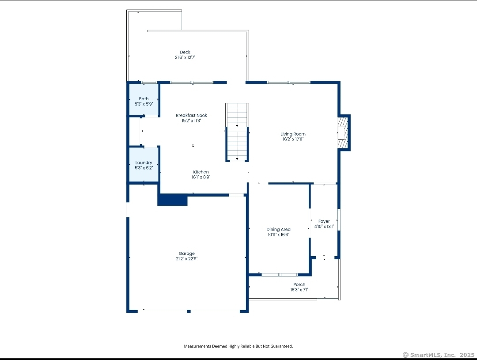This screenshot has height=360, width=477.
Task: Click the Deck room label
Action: (x=185, y=52)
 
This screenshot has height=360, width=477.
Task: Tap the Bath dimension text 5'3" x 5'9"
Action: (x=144, y=104)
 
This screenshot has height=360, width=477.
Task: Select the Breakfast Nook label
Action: (x=191, y=115)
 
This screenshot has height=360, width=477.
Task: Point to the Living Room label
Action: (x=293, y=134)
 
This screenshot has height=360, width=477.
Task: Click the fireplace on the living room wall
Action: (x=344, y=133)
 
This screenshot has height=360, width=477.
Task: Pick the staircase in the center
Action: (x=237, y=133)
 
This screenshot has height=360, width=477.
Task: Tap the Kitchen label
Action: (x=201, y=172)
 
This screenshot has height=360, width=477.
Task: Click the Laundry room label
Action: (x=144, y=163)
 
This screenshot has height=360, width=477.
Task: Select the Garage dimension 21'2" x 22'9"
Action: (x=186, y=259)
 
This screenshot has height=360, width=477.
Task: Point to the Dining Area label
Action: (x=278, y=229)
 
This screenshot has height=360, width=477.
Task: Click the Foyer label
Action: (x=324, y=222)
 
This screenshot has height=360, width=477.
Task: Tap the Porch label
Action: (x=299, y=284)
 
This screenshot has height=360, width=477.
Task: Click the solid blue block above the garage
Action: (x=172, y=200)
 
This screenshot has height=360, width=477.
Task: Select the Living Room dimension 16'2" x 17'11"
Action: (x=293, y=140)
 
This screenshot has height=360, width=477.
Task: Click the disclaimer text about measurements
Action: (x=238, y=346)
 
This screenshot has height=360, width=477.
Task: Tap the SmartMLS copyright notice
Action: (x=439, y=355)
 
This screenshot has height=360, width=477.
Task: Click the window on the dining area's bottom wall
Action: (x=280, y=275)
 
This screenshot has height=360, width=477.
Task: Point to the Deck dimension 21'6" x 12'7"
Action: (x=185, y=57)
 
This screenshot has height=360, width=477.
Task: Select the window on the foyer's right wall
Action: (x=339, y=220)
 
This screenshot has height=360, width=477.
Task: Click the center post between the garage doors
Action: (x=189, y=311)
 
